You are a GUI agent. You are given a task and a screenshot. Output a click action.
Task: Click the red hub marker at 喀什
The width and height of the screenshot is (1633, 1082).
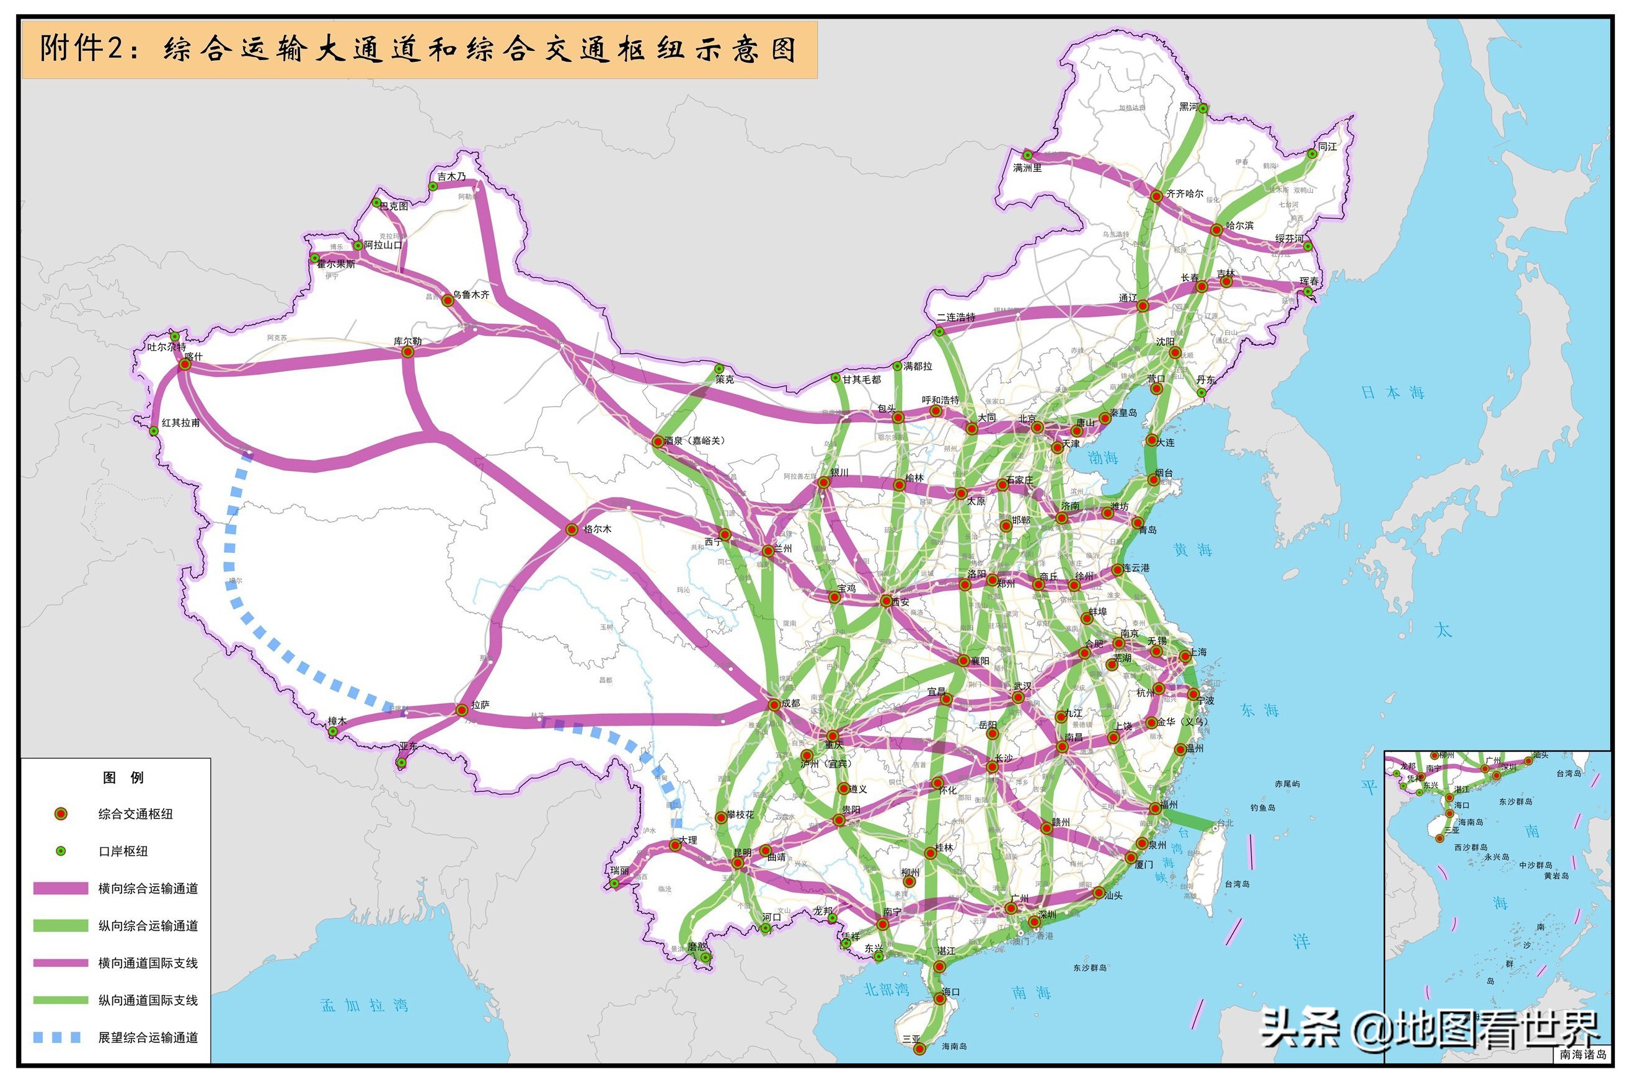(x=185, y=364)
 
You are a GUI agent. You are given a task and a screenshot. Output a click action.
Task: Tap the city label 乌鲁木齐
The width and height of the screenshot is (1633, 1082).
(x=471, y=294)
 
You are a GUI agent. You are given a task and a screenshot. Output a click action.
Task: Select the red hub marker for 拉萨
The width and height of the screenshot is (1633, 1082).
(x=461, y=710)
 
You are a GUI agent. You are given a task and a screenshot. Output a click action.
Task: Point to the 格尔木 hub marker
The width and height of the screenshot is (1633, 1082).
(x=572, y=529)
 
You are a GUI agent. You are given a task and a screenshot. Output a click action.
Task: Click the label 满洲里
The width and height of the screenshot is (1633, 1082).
(x=1027, y=168)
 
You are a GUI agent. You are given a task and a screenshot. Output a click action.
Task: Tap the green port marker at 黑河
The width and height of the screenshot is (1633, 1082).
(x=1203, y=108)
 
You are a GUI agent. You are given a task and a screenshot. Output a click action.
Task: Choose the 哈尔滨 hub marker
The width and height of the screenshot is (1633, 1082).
(x=1216, y=229)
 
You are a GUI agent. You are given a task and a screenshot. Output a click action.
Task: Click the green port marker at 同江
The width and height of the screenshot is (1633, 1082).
(x=1311, y=154)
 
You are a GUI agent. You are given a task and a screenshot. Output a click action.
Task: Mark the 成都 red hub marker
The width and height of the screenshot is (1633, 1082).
(x=774, y=705)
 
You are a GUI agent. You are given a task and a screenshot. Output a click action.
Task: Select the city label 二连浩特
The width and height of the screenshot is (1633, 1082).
(x=956, y=317)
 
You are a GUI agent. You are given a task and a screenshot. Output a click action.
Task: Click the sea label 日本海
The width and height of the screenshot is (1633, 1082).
(x=1392, y=393)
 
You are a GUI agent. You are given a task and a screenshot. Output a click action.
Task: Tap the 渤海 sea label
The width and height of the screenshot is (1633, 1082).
(x=1102, y=457)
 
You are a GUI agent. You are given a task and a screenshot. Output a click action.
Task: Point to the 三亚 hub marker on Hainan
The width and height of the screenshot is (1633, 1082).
(x=919, y=1049)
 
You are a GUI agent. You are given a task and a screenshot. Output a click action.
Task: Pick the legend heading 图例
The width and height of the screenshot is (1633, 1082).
(x=123, y=778)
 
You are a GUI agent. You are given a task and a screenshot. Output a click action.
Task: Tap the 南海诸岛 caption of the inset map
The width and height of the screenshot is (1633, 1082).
(x=1583, y=1054)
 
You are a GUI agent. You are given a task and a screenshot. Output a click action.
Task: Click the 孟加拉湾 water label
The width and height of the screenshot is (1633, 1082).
(x=365, y=1005)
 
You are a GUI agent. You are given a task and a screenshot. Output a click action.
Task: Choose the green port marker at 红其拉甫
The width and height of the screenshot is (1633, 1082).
(x=154, y=431)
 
